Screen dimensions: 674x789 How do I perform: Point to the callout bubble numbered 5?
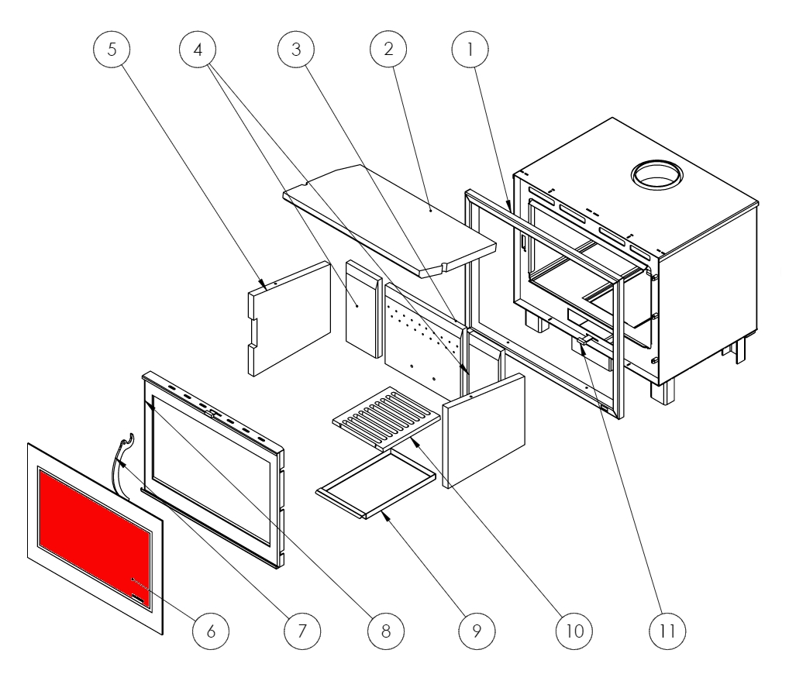point(112,51)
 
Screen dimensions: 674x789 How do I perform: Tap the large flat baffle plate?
point(388,217)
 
